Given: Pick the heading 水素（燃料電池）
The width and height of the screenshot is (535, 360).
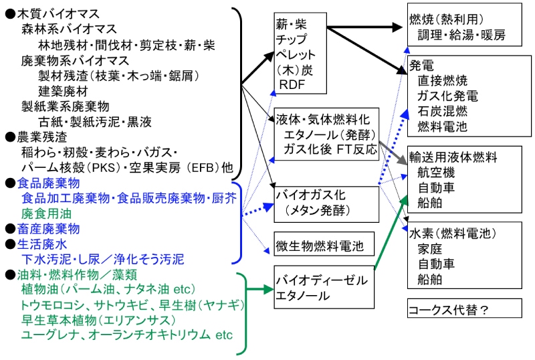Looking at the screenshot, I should tap(452, 234).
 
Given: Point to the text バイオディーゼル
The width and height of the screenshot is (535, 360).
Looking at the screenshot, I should tap(319, 280).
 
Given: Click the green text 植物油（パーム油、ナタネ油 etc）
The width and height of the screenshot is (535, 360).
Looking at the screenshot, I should tap(108, 289).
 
